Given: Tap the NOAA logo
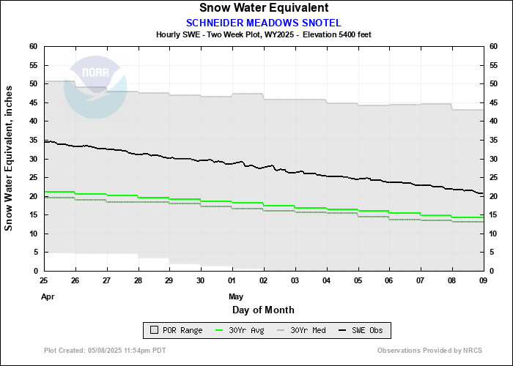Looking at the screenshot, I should [x=96, y=89].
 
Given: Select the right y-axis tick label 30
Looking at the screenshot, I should [x=493, y=158].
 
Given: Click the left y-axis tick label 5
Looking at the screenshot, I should [x=35, y=252].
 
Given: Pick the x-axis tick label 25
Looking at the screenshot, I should [x=44, y=280].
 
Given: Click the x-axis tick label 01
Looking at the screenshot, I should [x=232, y=280].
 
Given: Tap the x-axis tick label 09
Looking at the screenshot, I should [x=482, y=280].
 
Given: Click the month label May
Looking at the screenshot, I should [x=235, y=296].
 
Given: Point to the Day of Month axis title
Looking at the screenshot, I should [x=263, y=310].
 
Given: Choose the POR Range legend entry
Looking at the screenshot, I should [x=176, y=331].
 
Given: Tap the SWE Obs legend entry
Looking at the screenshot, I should [x=362, y=331].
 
